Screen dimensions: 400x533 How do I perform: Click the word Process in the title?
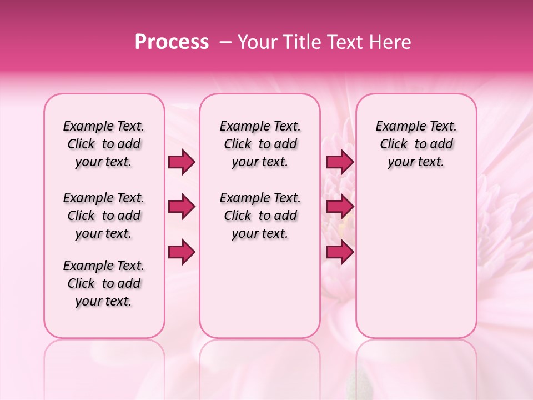(x=172, y=42)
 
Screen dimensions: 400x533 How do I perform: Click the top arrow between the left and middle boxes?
(x=182, y=162)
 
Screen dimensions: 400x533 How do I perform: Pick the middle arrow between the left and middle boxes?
(x=182, y=207)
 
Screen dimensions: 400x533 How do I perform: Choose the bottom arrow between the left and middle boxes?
(x=182, y=252)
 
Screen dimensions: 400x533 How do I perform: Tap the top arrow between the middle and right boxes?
(x=340, y=162)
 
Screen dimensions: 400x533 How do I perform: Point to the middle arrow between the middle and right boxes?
(x=340, y=207)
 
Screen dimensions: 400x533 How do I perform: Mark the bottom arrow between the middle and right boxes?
(x=340, y=252)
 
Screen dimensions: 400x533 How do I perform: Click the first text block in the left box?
(x=104, y=144)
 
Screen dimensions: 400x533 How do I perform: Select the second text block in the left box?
(x=104, y=216)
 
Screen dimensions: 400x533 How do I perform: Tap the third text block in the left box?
(x=104, y=283)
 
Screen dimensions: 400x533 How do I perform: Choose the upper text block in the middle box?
(x=260, y=144)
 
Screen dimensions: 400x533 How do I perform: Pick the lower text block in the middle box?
(x=260, y=216)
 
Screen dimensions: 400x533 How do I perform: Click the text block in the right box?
(x=416, y=144)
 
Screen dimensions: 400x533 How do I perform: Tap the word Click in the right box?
(x=394, y=144)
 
